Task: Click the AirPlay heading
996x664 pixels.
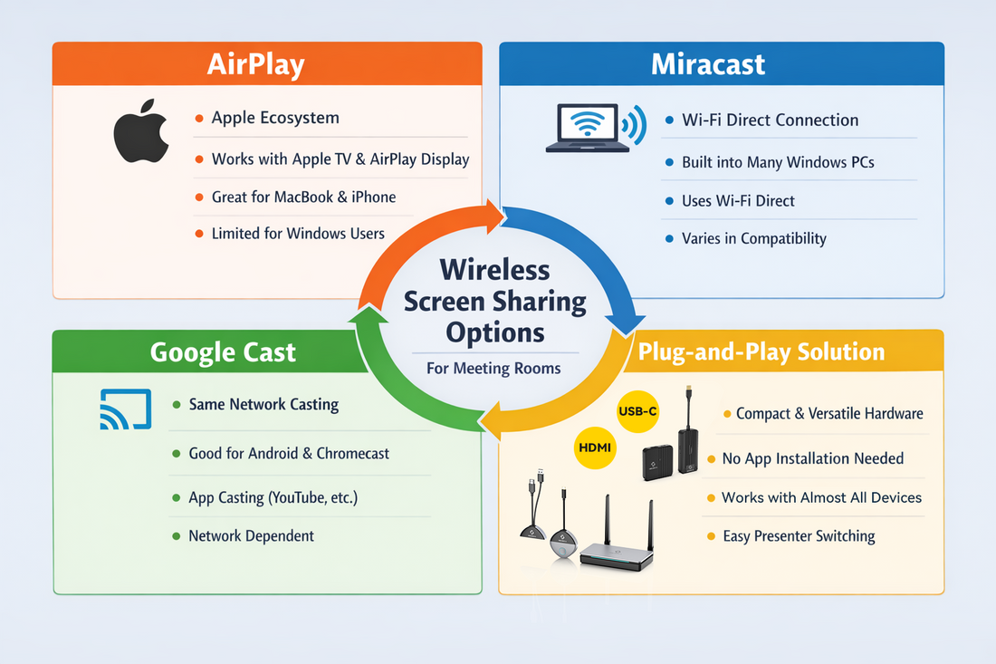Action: (256, 64)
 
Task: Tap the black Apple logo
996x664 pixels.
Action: (142, 138)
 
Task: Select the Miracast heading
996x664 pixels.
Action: (708, 64)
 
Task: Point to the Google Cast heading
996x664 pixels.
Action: (223, 351)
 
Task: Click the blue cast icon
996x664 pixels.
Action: (120, 409)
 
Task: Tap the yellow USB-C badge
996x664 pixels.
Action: (637, 411)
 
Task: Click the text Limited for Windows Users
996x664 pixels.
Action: (298, 234)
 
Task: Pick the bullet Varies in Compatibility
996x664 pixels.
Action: (753, 239)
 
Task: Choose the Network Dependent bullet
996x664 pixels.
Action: (251, 536)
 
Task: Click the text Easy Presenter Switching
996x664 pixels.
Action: (799, 536)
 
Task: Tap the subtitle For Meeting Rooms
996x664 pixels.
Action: (493, 369)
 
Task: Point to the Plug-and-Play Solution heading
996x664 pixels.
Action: (761, 351)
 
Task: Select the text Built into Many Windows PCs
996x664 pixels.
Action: (777, 163)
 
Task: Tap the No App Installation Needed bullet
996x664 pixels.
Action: (812, 458)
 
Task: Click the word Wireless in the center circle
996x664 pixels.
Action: (494, 270)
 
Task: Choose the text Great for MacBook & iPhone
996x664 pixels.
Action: (303, 197)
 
